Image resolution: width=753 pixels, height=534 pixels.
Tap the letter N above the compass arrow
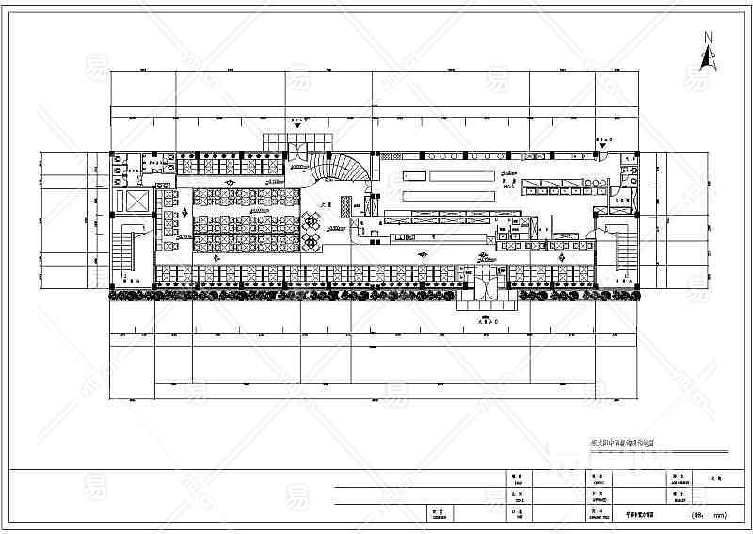tap(706, 38)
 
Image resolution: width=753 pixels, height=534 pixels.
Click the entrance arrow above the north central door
tap(302, 121)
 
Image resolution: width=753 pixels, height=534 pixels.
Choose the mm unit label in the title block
tap(719, 515)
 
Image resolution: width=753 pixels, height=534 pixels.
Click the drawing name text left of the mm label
tap(645, 515)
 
